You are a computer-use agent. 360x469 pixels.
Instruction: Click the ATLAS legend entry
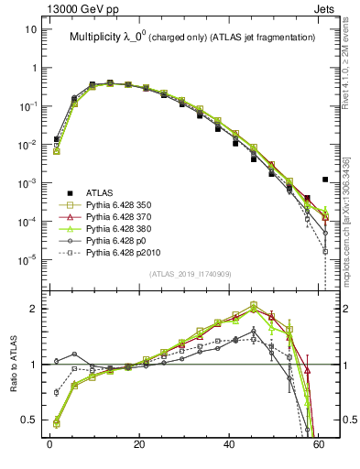pyautogui.click(x=100, y=191)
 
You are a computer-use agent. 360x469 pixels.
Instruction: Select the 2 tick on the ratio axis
pyautogui.click(x=35, y=309)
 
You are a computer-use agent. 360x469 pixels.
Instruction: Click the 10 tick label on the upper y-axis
pyautogui.click(x=30, y=29)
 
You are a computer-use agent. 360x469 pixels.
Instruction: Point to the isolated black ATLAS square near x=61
pyautogui.click(x=325, y=180)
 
